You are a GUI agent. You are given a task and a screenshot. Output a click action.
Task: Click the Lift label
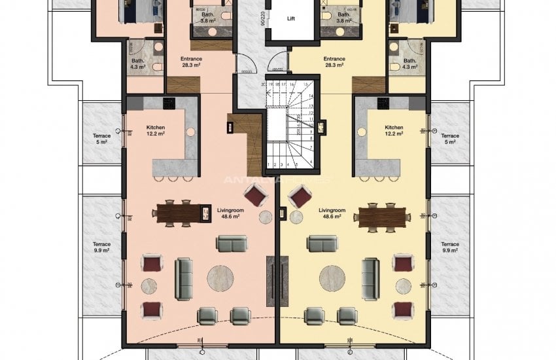pos(290,19)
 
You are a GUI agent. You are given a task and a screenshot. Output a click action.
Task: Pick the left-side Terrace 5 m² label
pos(101,138)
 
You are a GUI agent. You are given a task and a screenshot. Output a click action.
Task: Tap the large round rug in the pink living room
pos(220,278)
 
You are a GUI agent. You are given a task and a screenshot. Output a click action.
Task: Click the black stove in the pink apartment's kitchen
pos(167,103)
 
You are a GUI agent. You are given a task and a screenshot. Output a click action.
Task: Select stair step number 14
pos(311,95)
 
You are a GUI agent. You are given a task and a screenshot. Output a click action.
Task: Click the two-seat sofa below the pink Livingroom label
pos(232,244)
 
